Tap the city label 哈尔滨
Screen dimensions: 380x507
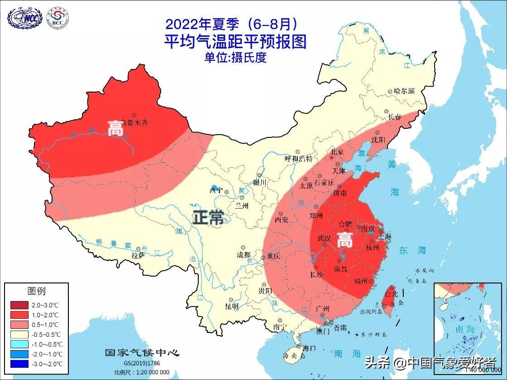click(x=404, y=91)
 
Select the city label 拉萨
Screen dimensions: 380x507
click(x=138, y=255)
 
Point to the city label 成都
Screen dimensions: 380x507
click(x=243, y=254)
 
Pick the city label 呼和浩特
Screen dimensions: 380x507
click(x=298, y=158)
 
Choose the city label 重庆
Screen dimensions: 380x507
click(x=273, y=256)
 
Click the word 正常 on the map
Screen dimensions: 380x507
click(x=209, y=218)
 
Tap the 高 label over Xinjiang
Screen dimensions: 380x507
click(x=115, y=128)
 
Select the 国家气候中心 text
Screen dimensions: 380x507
click(x=142, y=353)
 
